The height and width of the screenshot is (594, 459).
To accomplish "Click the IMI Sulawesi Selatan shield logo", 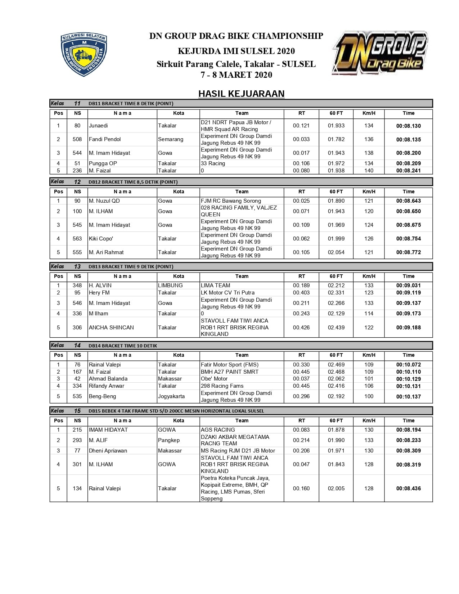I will pos(84,54).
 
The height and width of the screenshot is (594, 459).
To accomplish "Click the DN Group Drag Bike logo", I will pos(380,53).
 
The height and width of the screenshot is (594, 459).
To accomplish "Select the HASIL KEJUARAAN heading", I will pos(241,94).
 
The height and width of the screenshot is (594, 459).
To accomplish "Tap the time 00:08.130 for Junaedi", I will pos(408,126).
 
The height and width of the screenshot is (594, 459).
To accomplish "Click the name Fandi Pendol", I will pos(105,139).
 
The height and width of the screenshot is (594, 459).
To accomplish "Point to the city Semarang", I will pos(171,139).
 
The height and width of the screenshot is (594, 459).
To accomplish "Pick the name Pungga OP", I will pos(103,163).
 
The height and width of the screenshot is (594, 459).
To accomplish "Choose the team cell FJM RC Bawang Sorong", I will pos(231,201).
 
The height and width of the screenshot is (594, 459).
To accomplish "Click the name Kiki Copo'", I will pos(101,239).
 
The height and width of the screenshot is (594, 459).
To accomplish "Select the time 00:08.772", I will pos(408,252).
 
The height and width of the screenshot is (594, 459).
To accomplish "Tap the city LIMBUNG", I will pos(170,285).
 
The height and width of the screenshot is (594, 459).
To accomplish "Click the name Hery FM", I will pos(99,293).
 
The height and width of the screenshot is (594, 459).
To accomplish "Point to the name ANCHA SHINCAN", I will pos(111,328).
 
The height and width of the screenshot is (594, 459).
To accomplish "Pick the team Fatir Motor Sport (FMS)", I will pos(230,365).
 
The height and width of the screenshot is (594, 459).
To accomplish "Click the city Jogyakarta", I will pos(171,396).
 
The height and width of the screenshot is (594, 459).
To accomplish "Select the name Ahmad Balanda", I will pos(108,379).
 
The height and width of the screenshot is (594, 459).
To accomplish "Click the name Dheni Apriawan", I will pos(108,451).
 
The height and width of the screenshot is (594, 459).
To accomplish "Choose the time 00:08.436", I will pos(408,489).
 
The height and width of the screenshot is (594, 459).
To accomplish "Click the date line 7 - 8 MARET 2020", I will pos(237,75).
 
